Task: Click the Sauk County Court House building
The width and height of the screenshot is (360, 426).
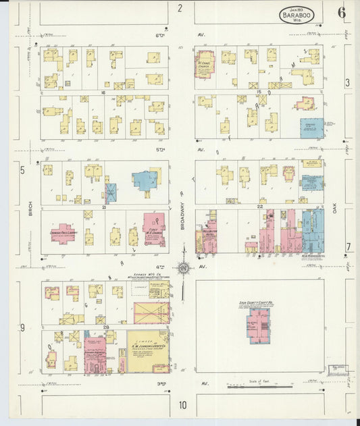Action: [259, 324]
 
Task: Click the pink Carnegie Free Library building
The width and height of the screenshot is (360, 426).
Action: [63, 234]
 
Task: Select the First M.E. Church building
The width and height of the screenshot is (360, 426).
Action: [155, 229]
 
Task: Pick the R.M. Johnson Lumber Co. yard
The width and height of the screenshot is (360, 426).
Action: [148, 350]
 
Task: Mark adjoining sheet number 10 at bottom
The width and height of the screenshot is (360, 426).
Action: [182, 405]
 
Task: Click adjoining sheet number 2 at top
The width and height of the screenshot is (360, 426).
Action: [180, 8]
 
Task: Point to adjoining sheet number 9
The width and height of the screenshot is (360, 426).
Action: [22, 328]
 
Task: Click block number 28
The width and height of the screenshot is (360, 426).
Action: [106, 327]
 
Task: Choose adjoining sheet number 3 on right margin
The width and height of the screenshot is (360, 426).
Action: [347, 82]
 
